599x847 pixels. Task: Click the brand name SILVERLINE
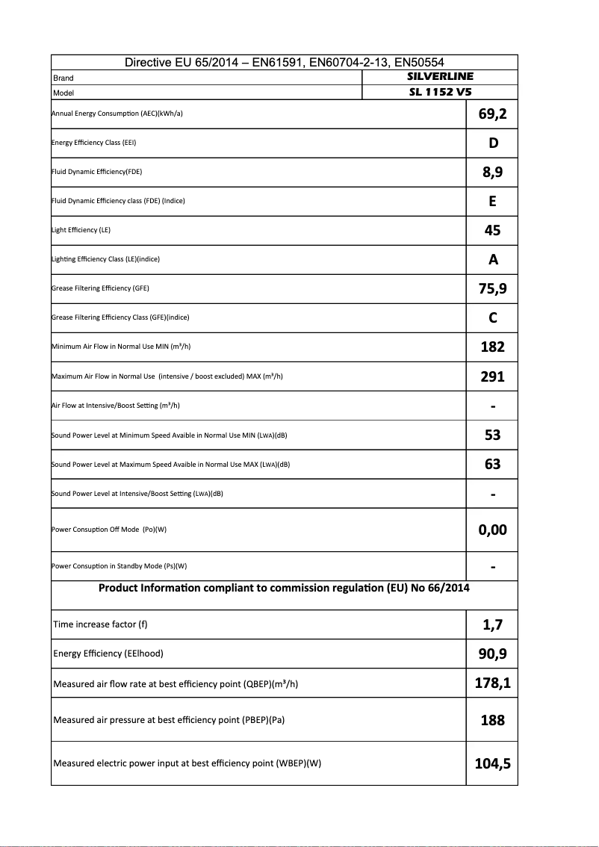440,77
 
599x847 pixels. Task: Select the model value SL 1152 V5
440,93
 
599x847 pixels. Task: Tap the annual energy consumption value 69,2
492,114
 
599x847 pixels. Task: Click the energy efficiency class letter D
493,143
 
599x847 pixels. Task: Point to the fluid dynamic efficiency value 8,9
492,173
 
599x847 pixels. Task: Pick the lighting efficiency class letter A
493,260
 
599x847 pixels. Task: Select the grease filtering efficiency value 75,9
492,289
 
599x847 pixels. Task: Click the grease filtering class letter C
493,318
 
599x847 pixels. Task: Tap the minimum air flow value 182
492,347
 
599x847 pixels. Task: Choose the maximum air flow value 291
492,377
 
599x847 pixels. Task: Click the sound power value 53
492,435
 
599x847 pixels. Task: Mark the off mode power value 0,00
492,530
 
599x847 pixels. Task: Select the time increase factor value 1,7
492,625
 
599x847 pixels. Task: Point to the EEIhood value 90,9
492,655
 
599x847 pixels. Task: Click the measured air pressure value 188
492,721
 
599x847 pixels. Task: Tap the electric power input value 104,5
492,764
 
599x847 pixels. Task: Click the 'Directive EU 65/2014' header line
284,63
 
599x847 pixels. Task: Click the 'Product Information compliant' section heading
284,589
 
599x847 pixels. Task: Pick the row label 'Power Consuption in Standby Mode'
119,566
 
